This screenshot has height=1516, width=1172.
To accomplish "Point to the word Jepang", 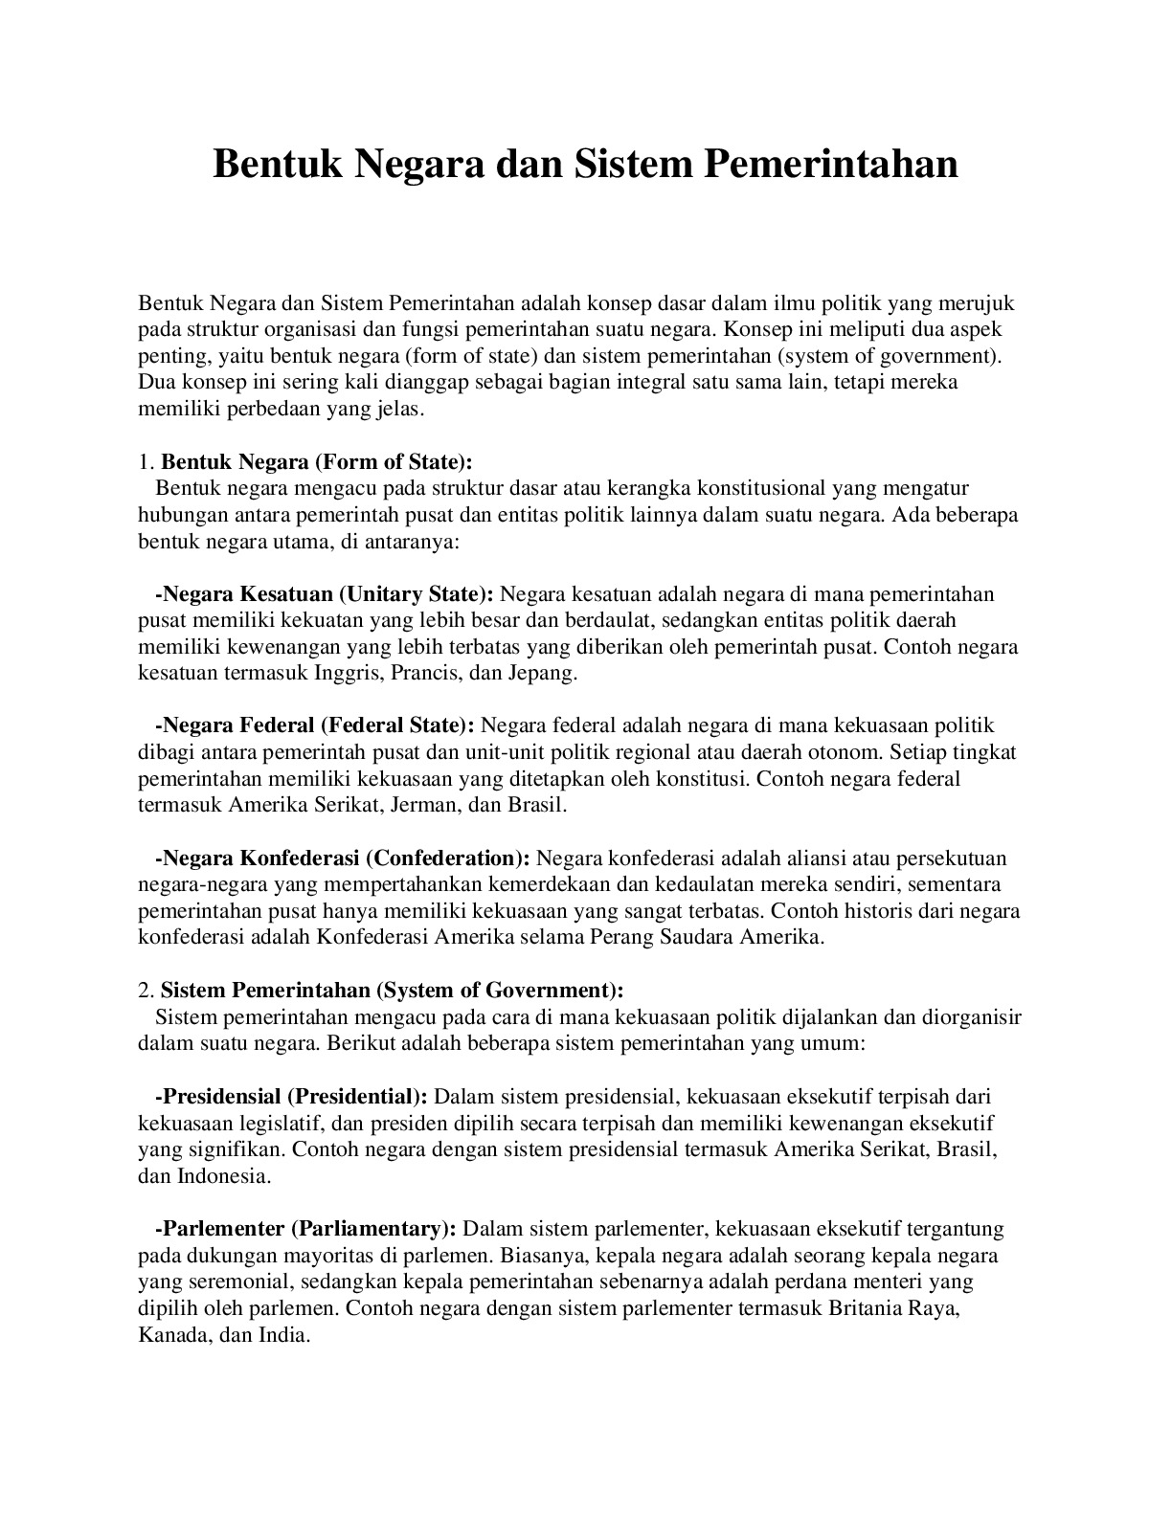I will click(544, 673).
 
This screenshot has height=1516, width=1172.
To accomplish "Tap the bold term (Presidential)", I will click(357, 1096).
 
